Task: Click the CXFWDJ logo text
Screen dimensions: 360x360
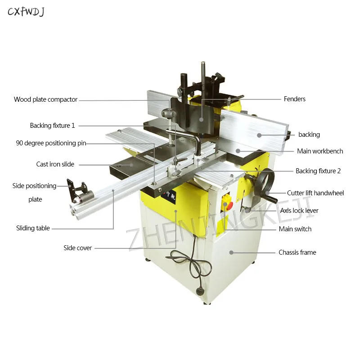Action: click(x=26, y=11)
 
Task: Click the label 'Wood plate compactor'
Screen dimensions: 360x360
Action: click(x=45, y=99)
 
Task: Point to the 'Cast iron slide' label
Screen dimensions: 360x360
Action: click(x=55, y=164)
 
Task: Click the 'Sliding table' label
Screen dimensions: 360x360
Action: click(x=33, y=228)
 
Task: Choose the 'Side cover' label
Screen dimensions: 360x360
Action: click(x=77, y=248)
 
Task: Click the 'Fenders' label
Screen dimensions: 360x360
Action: click(x=294, y=99)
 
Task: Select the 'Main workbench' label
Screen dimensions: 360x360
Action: click(x=319, y=151)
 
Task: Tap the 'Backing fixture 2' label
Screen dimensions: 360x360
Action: click(x=318, y=171)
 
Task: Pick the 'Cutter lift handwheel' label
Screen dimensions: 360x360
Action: click(x=315, y=193)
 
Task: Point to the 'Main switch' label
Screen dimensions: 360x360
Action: click(x=295, y=229)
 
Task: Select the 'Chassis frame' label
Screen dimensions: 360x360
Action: click(x=297, y=252)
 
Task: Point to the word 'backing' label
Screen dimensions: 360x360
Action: click(x=309, y=135)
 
